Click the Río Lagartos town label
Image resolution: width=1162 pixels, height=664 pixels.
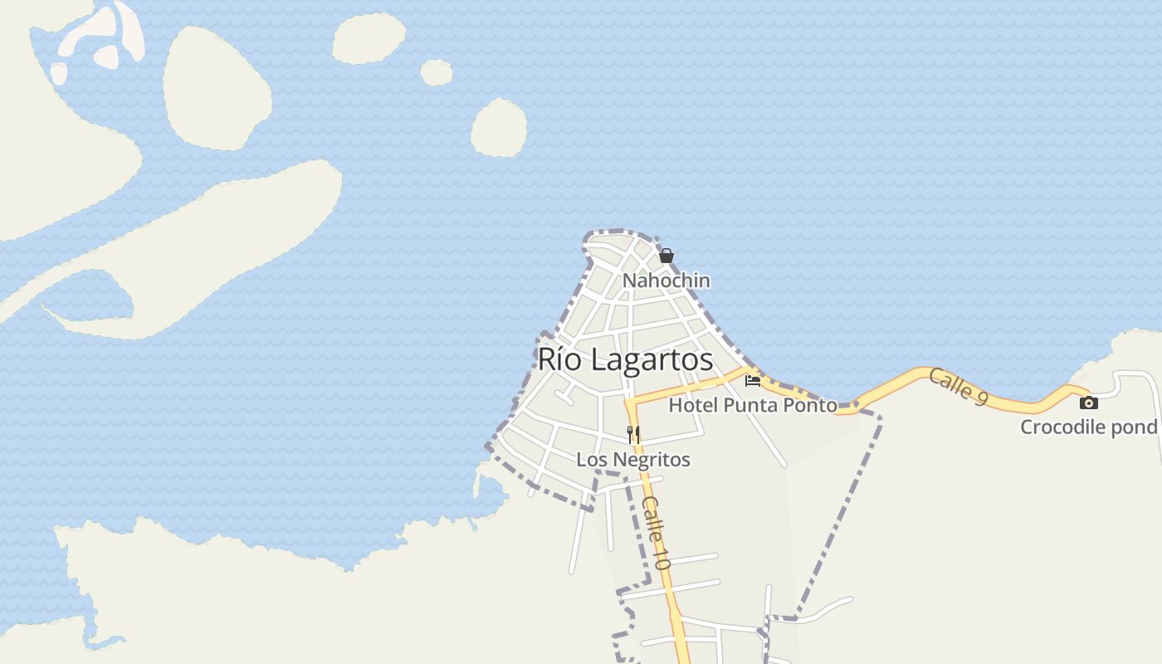coord(625,359)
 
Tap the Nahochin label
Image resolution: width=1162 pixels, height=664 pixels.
coord(666,281)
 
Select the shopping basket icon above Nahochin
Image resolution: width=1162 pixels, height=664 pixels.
coord(666,256)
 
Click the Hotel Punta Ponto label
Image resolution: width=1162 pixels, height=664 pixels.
coord(752,405)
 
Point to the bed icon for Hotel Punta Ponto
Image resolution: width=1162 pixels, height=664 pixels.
coord(753,381)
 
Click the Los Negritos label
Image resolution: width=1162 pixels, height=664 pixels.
coord(633,459)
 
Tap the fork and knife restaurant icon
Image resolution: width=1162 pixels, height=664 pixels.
coord(633,434)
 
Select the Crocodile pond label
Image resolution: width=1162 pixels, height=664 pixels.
coord(1088,427)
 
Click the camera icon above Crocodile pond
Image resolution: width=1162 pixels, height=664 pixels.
coord(1088,403)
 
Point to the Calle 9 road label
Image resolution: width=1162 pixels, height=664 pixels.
coord(958,387)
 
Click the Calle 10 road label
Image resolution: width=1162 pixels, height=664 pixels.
coord(656,533)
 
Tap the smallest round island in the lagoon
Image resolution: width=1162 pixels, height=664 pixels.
coord(436,73)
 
